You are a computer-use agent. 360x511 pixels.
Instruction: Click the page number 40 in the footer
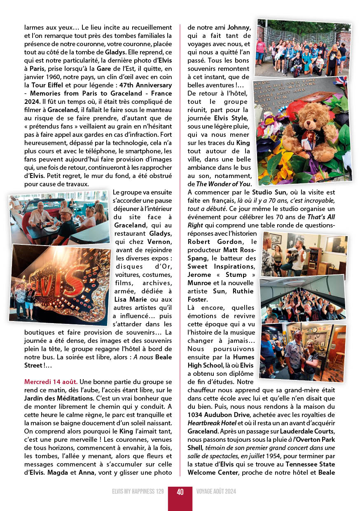pos(180,492)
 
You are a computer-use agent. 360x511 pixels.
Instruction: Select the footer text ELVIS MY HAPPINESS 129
pos(138,492)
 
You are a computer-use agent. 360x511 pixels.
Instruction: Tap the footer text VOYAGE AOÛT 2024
pos(216,492)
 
